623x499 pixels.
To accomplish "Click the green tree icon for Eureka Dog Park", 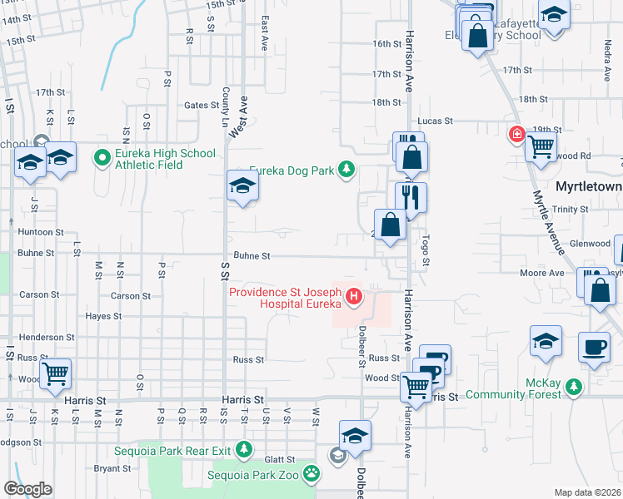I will pyautogui.click(x=346, y=171).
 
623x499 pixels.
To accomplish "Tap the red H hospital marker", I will pyautogui.click(x=354, y=296).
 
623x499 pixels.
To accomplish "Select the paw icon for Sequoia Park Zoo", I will pyautogui.click(x=311, y=474).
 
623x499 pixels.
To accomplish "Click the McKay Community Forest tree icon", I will pyautogui.click(x=573, y=387).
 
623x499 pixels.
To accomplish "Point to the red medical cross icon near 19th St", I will pyautogui.click(x=517, y=134).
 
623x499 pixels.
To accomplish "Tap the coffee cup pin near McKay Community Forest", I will pyautogui.click(x=594, y=345).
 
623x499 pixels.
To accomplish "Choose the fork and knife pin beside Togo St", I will pyautogui.click(x=411, y=197).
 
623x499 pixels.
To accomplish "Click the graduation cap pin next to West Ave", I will pyautogui.click(x=242, y=185).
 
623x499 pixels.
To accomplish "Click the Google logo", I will pyautogui.click(x=27, y=488).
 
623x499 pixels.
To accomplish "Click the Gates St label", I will pyautogui.click(x=201, y=106).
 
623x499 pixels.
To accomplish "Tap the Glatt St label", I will pyautogui.click(x=280, y=459).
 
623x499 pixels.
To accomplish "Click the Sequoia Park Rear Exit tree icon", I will pyautogui.click(x=243, y=450).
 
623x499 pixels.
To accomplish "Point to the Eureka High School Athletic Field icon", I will pyautogui.click(x=103, y=156).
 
